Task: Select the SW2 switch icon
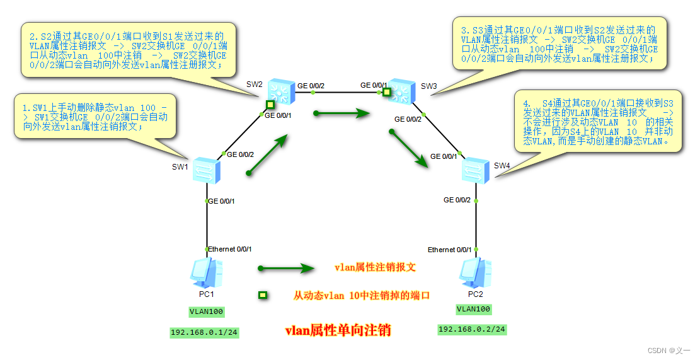(x=279, y=92)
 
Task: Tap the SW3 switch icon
(x=399, y=91)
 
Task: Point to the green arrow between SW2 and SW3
(x=341, y=113)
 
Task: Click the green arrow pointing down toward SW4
(x=410, y=149)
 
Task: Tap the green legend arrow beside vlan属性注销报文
(x=285, y=268)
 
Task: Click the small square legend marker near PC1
(x=263, y=294)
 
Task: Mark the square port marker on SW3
(x=387, y=93)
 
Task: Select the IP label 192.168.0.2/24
(x=472, y=329)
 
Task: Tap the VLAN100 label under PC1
(x=207, y=311)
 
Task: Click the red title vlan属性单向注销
(x=338, y=330)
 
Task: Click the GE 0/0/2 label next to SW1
(x=240, y=154)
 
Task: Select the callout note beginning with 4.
(x=597, y=122)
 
